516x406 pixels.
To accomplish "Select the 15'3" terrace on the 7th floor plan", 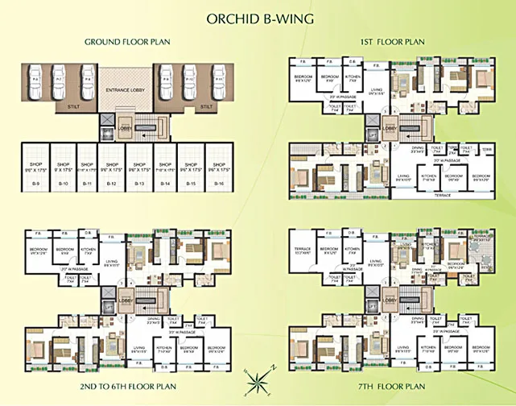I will [x=303, y=254].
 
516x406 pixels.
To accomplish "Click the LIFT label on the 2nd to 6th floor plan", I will [x=108, y=308].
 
